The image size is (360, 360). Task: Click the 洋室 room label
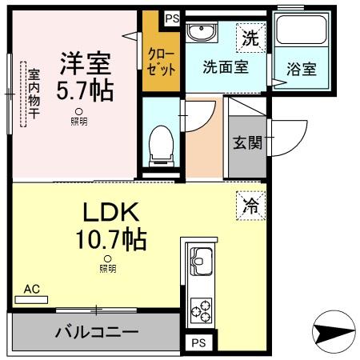[82, 61]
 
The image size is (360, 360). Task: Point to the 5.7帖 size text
[83, 89]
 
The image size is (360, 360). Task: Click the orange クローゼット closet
[161, 61]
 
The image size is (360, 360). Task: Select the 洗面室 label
[225, 67]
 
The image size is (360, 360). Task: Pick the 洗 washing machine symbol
[250, 36]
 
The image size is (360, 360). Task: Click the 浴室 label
[301, 68]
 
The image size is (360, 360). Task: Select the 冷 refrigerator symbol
[250, 205]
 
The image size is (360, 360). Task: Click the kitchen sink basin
[200, 261]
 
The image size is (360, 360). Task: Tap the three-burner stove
[200, 310]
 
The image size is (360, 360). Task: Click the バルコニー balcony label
[97, 331]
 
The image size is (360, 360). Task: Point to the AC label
[31, 290]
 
